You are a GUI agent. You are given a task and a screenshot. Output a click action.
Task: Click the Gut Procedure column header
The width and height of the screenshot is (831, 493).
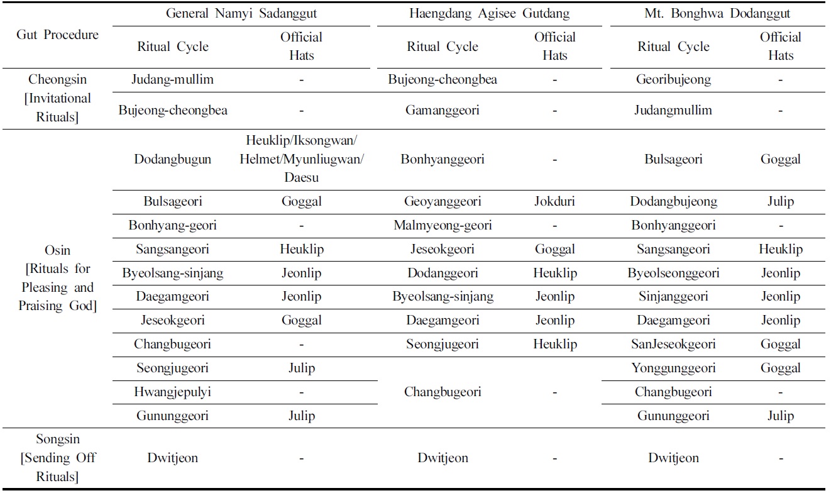(x=57, y=35)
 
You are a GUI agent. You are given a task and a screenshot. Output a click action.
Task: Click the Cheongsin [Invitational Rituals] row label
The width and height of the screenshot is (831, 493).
(x=57, y=98)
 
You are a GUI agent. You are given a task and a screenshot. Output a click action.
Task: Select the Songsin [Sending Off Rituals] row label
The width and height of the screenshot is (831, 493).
(x=57, y=458)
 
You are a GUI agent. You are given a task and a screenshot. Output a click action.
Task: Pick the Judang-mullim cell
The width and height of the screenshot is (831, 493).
(x=172, y=80)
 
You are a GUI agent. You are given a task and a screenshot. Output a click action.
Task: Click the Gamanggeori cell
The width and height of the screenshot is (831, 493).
(x=443, y=110)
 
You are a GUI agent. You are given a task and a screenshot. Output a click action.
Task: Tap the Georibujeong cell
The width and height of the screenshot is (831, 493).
(x=673, y=80)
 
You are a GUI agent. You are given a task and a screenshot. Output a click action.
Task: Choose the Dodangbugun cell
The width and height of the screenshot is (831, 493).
(x=172, y=159)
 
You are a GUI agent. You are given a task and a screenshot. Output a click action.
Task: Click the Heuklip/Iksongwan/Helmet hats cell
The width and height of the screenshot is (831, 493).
(x=301, y=159)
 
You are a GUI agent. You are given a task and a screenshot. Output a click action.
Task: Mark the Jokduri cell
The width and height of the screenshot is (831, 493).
(x=554, y=202)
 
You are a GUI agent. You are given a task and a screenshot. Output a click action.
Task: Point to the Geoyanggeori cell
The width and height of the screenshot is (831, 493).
(x=443, y=202)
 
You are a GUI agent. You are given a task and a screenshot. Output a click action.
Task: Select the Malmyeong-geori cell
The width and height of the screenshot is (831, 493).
(x=443, y=225)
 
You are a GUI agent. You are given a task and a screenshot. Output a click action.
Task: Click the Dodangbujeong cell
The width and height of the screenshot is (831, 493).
(x=673, y=202)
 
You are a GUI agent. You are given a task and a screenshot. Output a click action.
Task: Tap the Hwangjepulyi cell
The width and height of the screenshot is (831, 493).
(x=172, y=392)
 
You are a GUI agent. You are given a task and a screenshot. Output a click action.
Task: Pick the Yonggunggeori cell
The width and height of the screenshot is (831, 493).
(x=673, y=368)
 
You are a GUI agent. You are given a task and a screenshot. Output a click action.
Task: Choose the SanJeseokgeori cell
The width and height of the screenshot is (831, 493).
(x=673, y=344)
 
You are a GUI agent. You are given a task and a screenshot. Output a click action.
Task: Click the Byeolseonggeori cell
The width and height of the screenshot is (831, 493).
(x=673, y=273)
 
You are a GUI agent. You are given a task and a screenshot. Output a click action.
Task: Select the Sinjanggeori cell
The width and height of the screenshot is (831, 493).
(x=673, y=296)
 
